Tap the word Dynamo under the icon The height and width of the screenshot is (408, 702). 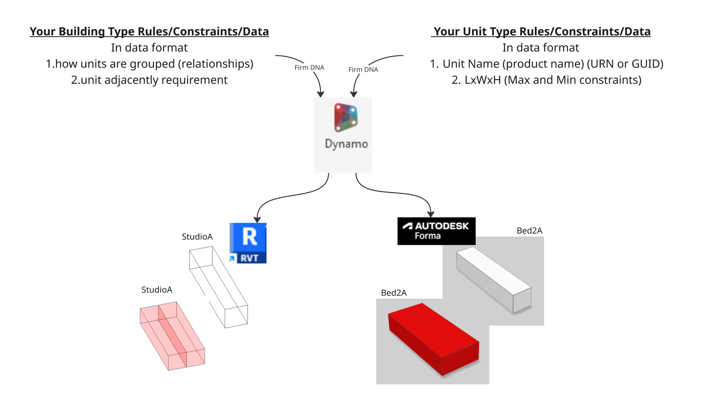pyautogui.click(x=346, y=144)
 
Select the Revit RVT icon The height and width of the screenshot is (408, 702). pyautogui.click(x=248, y=243)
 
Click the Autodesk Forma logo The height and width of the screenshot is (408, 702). pyautogui.click(x=436, y=231)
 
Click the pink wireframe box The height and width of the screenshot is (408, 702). pyautogui.click(x=172, y=335)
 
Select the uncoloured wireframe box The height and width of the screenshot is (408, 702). pyautogui.click(x=218, y=287)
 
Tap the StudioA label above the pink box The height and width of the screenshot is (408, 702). pyautogui.click(x=157, y=290)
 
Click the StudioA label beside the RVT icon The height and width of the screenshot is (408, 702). pyautogui.click(x=197, y=237)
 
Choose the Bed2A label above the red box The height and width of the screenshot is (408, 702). pyautogui.click(x=394, y=293)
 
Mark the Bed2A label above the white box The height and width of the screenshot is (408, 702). pyautogui.click(x=529, y=231)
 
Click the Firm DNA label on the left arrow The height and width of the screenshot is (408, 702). pyautogui.click(x=309, y=68)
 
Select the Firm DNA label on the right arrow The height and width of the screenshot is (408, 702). pyautogui.click(x=363, y=70)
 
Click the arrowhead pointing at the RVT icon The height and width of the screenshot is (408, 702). pyautogui.click(x=257, y=219)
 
